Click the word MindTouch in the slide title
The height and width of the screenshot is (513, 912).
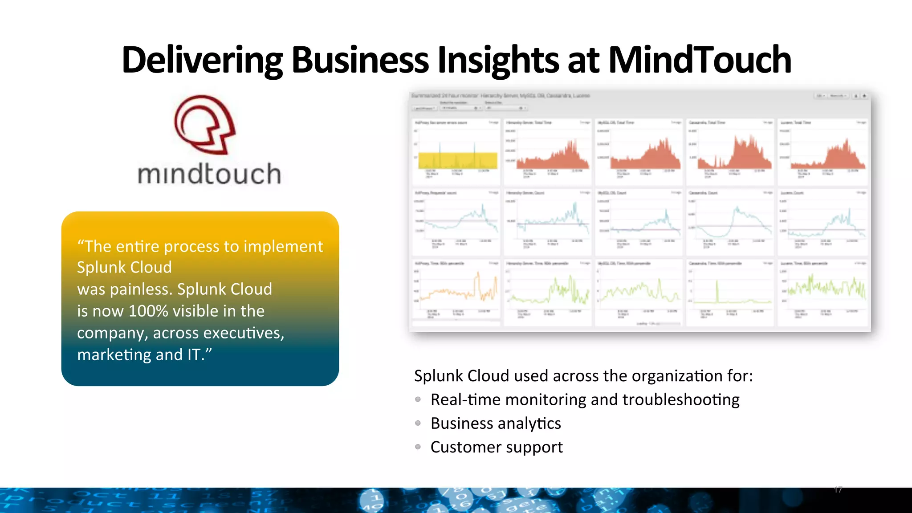coord(699,60)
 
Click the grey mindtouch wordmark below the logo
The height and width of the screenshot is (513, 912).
coord(209,174)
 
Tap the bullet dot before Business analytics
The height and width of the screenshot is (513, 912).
coord(418,423)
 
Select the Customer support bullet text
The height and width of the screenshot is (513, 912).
coord(496,447)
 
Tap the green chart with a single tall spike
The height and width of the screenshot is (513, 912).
coord(730,292)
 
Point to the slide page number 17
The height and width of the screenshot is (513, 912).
coord(838,490)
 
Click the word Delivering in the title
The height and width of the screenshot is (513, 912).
coord(202,60)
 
